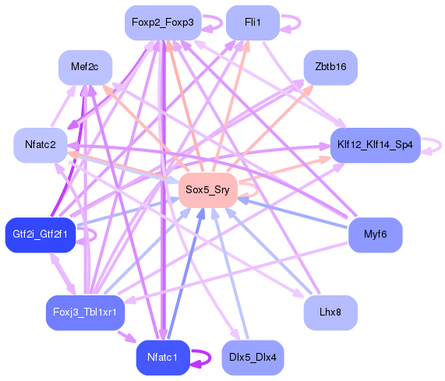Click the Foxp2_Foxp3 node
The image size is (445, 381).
(162, 23)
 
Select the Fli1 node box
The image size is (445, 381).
(253, 23)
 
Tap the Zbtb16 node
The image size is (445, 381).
(330, 67)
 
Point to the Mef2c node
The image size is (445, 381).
(85, 67)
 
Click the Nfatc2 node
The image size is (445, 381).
(41, 145)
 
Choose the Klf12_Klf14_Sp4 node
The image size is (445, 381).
(375, 145)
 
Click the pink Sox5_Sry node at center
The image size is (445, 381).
(207, 189)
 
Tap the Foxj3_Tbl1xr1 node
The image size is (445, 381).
(85, 312)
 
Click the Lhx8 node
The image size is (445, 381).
(330, 312)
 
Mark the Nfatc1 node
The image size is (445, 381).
(163, 357)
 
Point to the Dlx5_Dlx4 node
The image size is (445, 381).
(253, 357)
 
